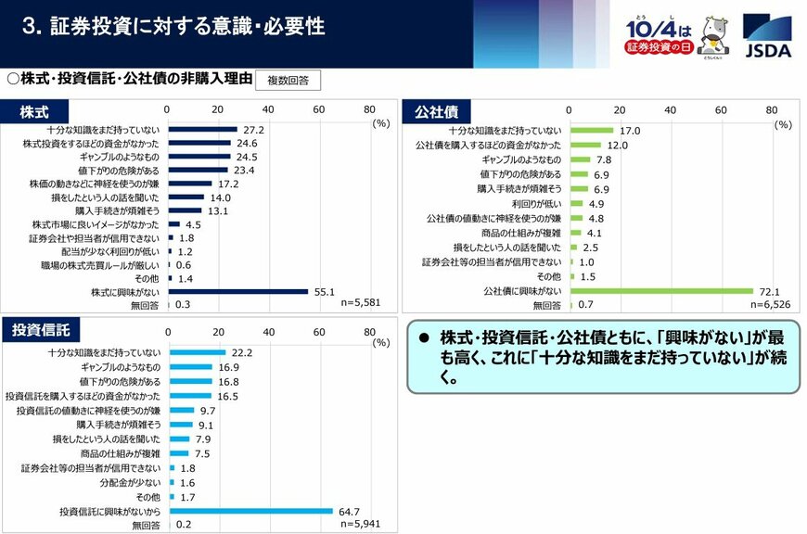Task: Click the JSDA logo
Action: coord(767,35)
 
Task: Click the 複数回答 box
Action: coord(288,81)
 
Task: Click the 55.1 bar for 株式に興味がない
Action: coord(237,291)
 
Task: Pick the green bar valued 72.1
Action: coord(660,290)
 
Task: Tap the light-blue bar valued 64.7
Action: coord(250,511)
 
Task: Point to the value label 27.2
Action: coord(254,131)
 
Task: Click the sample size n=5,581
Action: coord(360,303)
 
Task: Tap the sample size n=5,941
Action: coord(360,524)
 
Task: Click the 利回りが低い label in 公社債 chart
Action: coord(536,203)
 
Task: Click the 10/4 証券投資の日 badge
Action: coord(659,35)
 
